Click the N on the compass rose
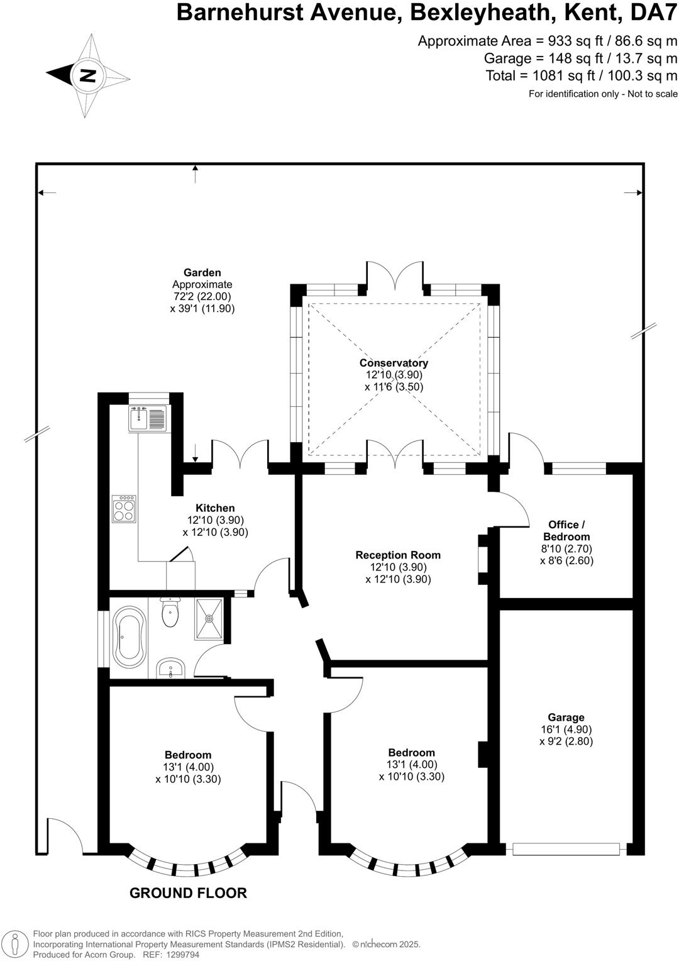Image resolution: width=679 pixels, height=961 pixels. click(89, 76)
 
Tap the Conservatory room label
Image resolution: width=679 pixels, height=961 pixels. click(394, 363)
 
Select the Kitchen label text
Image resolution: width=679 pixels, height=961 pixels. click(215, 508)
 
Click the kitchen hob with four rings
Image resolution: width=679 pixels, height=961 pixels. click(124, 509)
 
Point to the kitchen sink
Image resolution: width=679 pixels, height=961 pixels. click(146, 418)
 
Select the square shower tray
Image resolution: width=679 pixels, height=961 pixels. click(209, 619)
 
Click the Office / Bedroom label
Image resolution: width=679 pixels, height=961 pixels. click(566, 531)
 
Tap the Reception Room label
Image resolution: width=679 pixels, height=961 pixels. click(398, 555)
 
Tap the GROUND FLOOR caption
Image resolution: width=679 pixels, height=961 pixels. click(189, 893)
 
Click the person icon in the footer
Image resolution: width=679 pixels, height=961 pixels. click(16, 945)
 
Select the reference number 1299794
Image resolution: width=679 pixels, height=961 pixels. click(184, 955)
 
